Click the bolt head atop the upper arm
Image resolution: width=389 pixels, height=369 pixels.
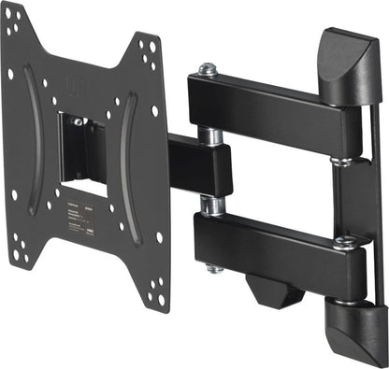tap(208, 69)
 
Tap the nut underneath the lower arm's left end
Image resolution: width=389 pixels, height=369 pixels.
tap(214, 268)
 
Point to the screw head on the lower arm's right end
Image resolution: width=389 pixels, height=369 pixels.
tap(343, 242)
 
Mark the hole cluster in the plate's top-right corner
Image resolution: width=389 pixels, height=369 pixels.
tap(149, 51)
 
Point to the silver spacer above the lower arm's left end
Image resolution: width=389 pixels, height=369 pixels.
tap(212, 203)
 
